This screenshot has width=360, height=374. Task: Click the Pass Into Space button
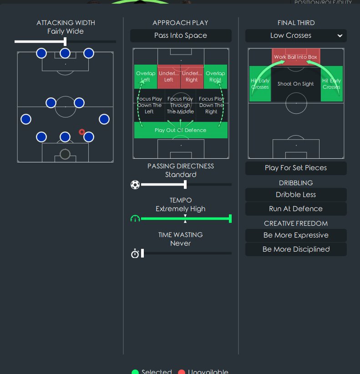point(181,35)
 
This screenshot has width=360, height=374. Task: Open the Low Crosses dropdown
point(296,35)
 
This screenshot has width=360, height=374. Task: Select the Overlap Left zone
point(146,76)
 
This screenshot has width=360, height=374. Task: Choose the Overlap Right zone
point(215,76)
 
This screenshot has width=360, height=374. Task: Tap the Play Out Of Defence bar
point(181,130)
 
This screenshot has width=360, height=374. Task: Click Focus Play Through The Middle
point(181,105)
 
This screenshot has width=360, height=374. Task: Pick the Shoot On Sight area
point(296,84)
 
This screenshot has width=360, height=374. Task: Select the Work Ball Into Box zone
point(296,57)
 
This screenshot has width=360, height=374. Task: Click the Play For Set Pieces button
point(296,168)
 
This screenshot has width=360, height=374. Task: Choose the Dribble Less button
point(296,195)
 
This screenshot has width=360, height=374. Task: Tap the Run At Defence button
point(296,209)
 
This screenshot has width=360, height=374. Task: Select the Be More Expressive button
point(296,235)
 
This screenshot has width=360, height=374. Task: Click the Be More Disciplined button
point(296,249)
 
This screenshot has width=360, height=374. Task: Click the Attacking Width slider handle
point(65,41)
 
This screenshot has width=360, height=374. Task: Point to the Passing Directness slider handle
point(185,185)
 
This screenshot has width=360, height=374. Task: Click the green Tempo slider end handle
point(230,219)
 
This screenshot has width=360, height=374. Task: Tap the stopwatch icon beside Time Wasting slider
point(135,253)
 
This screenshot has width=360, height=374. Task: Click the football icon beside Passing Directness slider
point(135,185)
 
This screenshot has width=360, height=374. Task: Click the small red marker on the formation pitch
point(82,132)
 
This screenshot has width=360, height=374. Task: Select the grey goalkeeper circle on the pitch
point(65,154)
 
